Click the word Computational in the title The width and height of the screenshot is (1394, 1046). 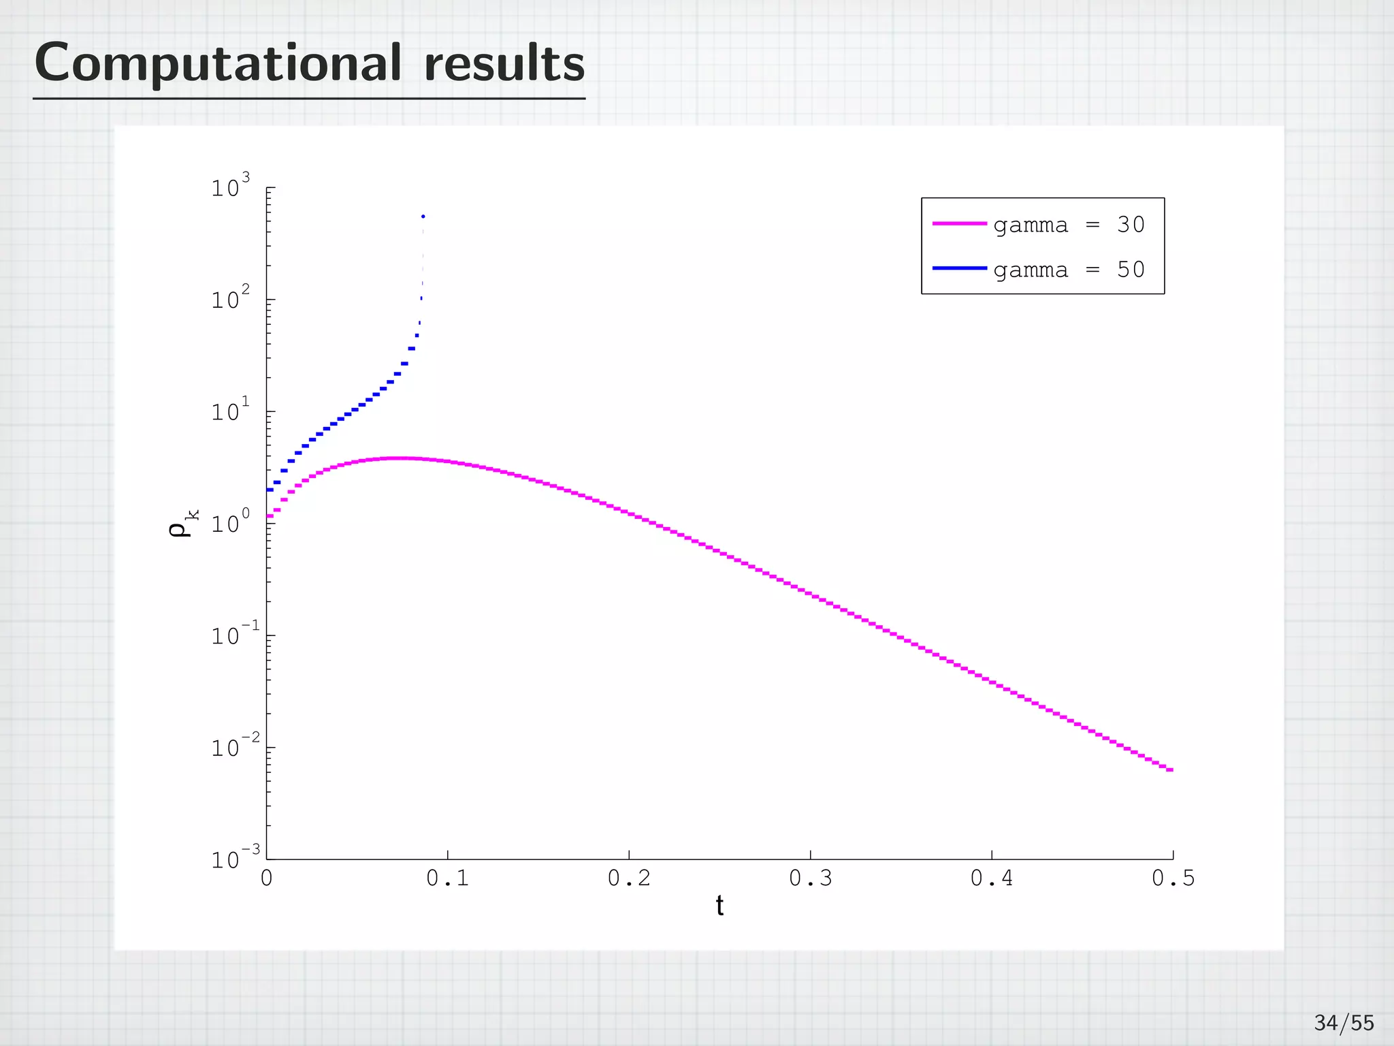point(218,63)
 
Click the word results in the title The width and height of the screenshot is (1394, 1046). point(504,63)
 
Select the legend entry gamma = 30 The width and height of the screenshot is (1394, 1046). point(1069,225)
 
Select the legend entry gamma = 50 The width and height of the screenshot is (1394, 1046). point(1069,270)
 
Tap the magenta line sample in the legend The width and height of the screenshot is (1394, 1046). point(960,223)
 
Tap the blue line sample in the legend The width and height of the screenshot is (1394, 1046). point(960,268)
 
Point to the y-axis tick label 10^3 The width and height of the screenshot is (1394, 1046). point(230,187)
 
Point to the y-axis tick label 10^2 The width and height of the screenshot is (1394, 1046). point(230,299)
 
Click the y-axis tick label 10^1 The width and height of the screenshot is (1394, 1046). point(230,411)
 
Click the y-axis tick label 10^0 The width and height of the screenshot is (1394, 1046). point(230,524)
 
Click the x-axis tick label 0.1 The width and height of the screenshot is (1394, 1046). point(447,879)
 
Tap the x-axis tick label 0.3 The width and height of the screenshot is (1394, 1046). point(810,879)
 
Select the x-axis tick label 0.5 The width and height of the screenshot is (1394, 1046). point(1173,879)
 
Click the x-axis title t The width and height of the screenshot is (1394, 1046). point(719,906)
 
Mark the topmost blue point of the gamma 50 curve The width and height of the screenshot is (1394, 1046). point(423,217)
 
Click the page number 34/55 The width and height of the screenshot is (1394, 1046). point(1344,1023)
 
